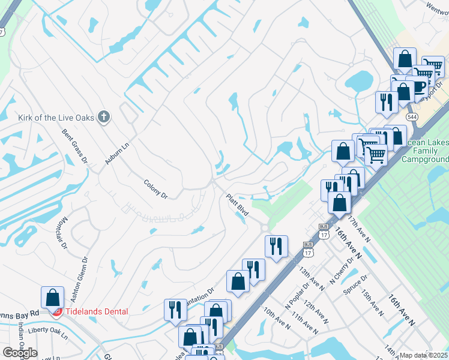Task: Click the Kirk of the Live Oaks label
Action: [x=56, y=118]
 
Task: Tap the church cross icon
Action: [x=104, y=117]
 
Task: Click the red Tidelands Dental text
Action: [x=96, y=311]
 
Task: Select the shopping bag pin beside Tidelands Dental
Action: [x=53, y=298]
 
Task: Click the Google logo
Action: [x=20, y=352]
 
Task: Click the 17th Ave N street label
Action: [x=361, y=230]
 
